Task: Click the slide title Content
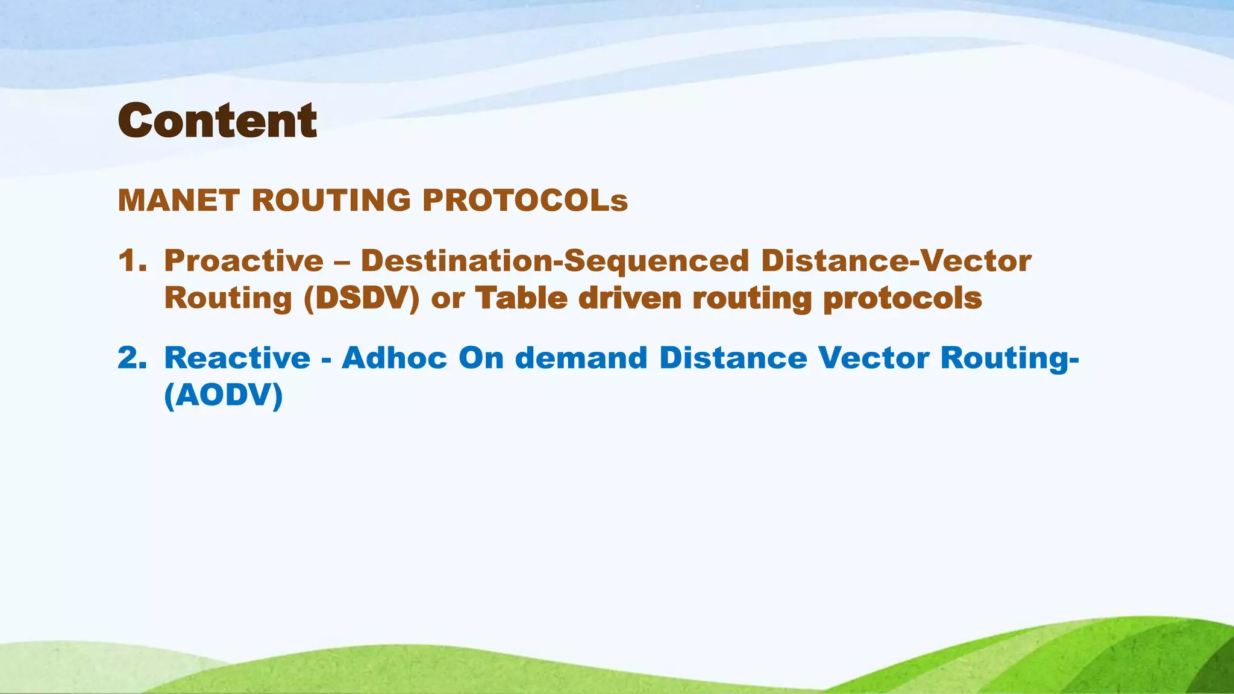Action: (217, 121)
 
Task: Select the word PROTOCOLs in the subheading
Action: (525, 201)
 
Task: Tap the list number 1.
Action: (132, 261)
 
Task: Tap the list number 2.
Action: (132, 358)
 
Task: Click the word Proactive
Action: (244, 261)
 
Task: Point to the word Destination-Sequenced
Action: (554, 261)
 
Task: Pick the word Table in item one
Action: (521, 298)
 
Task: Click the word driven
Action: (630, 298)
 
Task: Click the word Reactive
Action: (237, 358)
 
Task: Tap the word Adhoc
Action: (395, 358)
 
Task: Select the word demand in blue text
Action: (581, 358)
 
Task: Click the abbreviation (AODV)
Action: (224, 396)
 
